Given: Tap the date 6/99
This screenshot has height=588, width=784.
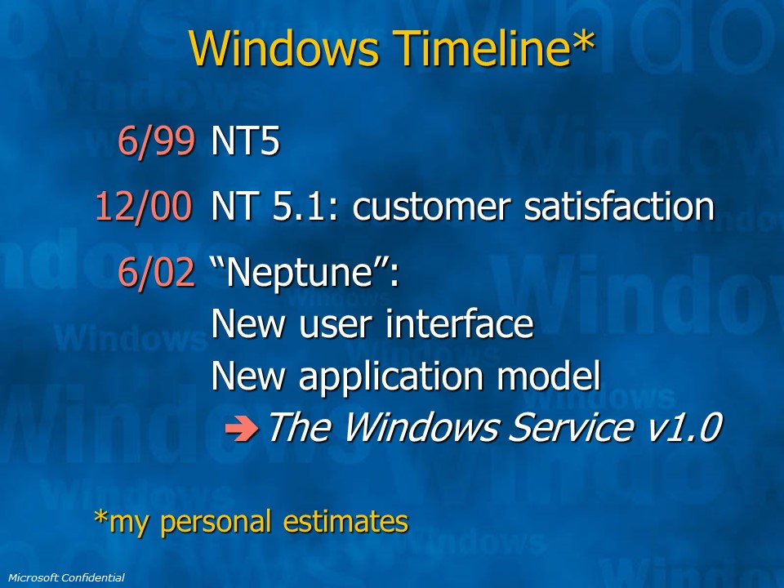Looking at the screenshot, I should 156,142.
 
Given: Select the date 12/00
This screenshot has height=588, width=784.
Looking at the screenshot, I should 144,207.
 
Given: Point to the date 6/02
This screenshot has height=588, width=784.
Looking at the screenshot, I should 156,274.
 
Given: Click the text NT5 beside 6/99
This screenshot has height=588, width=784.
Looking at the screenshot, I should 245,142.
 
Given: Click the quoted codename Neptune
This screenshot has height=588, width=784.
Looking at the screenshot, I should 305,274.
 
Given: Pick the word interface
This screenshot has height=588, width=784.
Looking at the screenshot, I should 459,325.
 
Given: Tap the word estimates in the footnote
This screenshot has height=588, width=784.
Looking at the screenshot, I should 345,522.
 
